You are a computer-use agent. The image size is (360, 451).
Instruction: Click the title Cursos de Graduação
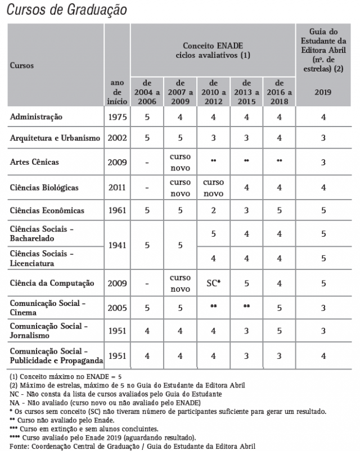tap(67, 11)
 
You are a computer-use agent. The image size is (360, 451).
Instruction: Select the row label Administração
tap(36, 117)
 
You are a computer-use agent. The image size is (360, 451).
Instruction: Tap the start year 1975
tap(117, 117)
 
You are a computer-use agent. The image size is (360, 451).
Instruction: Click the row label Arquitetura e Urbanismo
tap(55, 138)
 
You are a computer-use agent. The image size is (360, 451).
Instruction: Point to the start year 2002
tap(117, 138)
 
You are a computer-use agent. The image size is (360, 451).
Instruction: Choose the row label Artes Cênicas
tap(35, 162)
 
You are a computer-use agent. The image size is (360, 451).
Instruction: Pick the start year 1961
tap(117, 210)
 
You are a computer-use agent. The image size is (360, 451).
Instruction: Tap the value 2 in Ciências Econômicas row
tap(213, 210)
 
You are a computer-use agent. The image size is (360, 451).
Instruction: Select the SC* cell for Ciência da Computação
tap(213, 283)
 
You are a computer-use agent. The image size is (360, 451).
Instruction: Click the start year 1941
tap(117, 246)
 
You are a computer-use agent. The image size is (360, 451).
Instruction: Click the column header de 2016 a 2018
tap(278, 92)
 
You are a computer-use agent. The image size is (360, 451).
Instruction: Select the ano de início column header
tap(117, 92)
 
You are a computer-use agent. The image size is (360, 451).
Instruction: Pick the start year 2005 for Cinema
tap(117, 308)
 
